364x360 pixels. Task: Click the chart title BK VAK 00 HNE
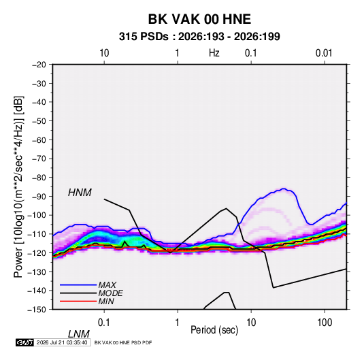pos(199,19)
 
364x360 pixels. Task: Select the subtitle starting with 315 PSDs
pos(199,37)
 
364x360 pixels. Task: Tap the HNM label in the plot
pos(80,193)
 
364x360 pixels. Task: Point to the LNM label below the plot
pos(79,334)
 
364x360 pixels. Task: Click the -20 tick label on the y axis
pos(39,65)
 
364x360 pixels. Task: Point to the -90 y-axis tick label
pos(39,197)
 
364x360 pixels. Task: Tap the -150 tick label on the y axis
pos(37,310)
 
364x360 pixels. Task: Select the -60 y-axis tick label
pos(39,140)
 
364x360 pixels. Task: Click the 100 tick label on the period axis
pos(325,323)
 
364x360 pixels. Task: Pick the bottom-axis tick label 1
pos(178,323)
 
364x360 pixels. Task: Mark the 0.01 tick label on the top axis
pos(324,53)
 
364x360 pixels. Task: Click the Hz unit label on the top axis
pos(214,53)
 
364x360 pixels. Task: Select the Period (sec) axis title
pos(214,330)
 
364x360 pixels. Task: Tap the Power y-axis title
pos(18,187)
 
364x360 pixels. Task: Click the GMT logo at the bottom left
pos(24,342)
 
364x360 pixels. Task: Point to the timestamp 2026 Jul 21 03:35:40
pos(62,342)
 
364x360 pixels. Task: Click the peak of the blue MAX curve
pos(284,189)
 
